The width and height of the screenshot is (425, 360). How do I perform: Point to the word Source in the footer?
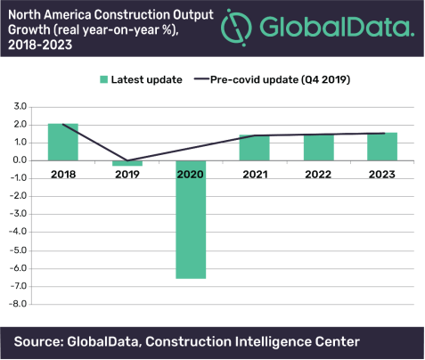tap(43, 340)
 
